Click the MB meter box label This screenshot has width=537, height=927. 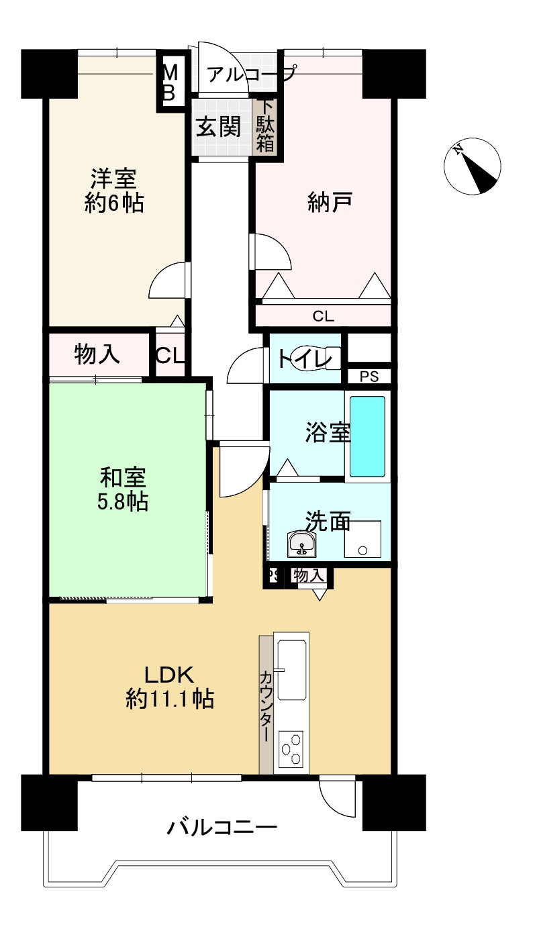(170, 82)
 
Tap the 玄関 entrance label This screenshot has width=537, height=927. (219, 126)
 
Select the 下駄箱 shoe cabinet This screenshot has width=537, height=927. (266, 126)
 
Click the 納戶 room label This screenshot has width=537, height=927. (330, 200)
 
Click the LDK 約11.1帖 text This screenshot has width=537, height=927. (170, 686)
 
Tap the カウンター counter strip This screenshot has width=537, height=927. (266, 705)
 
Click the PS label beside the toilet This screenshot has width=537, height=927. (369, 377)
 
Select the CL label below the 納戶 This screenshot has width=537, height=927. (324, 316)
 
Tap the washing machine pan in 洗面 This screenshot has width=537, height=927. (362, 540)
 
